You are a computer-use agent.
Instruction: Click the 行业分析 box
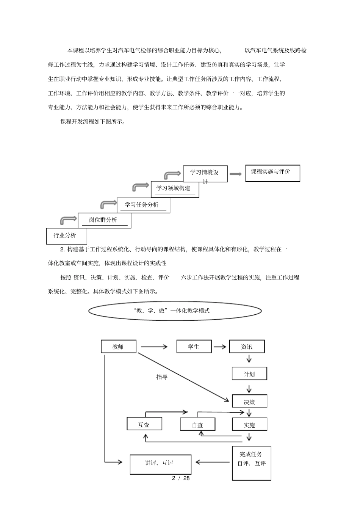point(66,236)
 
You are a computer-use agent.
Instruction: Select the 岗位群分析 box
point(104,220)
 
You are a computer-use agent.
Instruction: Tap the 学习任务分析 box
point(143,205)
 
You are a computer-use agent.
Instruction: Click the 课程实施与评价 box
point(272,173)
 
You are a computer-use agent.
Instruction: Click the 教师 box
point(119,347)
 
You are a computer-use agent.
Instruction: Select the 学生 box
point(194,347)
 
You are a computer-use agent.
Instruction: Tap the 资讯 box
point(247,347)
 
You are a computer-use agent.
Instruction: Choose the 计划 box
point(249,374)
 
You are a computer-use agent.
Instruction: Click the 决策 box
point(249,402)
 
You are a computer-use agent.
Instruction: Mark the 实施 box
point(249,425)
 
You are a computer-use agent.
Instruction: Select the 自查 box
point(197,425)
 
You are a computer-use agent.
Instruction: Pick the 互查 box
point(144,424)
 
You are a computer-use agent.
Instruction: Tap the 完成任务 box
point(251,463)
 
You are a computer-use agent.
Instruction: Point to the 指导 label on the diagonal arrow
point(162,377)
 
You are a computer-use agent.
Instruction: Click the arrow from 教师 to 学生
point(154,346)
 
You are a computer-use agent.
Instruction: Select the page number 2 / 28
point(181,478)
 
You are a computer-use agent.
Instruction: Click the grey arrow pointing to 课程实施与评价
point(235,174)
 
